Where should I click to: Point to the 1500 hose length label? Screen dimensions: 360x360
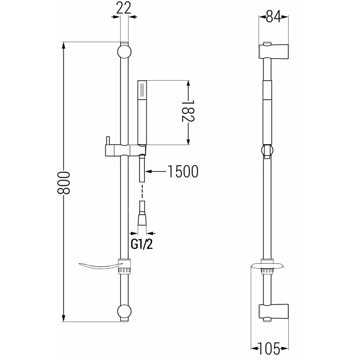(182, 171)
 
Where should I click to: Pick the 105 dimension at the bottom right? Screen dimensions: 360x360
(269, 347)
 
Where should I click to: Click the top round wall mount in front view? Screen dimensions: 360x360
(125, 50)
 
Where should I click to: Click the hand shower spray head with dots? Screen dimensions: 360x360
(142, 90)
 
